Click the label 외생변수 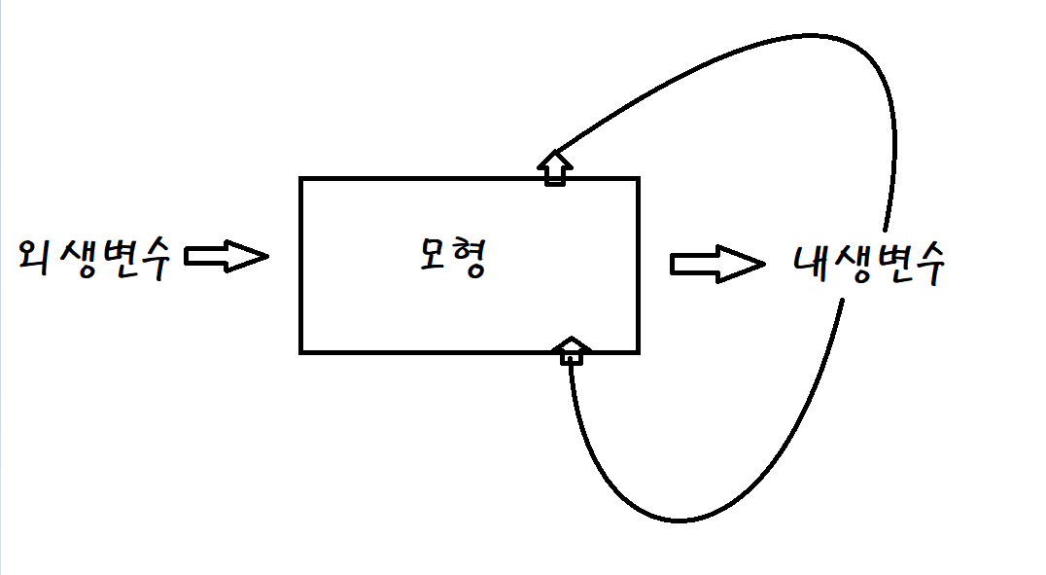tap(94, 258)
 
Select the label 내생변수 tap(868, 263)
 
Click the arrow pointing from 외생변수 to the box tap(226, 257)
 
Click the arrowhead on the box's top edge tap(555, 166)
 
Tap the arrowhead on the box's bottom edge tap(572, 349)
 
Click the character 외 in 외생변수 tap(36, 258)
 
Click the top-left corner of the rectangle tap(301, 179)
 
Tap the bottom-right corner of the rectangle tap(638, 350)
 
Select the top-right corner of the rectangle tap(638, 179)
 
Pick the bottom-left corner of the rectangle tap(301, 350)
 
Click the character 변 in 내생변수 tap(888, 263)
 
